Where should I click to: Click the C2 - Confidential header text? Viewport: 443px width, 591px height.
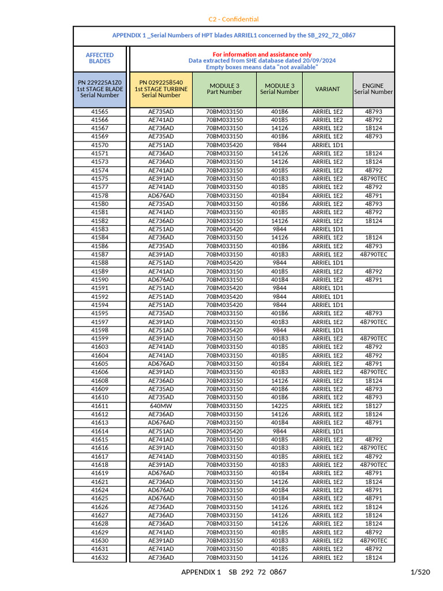234,19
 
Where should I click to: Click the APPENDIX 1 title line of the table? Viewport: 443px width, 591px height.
234,35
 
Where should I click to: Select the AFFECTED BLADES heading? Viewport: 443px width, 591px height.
100,58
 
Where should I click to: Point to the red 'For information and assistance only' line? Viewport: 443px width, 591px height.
262,54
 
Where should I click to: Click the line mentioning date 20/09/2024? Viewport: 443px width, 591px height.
262,61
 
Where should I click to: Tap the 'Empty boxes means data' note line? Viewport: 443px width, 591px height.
262,67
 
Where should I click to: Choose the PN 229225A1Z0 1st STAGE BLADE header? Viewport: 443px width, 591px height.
100,89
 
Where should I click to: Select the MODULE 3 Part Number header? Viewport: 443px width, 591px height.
224,89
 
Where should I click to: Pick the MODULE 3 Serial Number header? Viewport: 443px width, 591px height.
279,89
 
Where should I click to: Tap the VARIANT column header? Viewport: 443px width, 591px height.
328,89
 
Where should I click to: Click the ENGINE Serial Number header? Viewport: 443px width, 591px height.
373,89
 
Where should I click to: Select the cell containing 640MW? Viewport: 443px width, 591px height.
161,406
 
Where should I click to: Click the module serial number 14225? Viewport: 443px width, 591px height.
279,406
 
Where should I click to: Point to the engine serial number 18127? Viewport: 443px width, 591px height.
373,406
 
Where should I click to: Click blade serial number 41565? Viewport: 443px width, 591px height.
100,111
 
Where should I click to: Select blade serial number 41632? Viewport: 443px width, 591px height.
100,558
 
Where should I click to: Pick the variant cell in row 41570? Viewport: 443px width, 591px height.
328,145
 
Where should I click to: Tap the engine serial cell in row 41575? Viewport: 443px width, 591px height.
373,179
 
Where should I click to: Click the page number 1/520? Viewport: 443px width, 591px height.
420,572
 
